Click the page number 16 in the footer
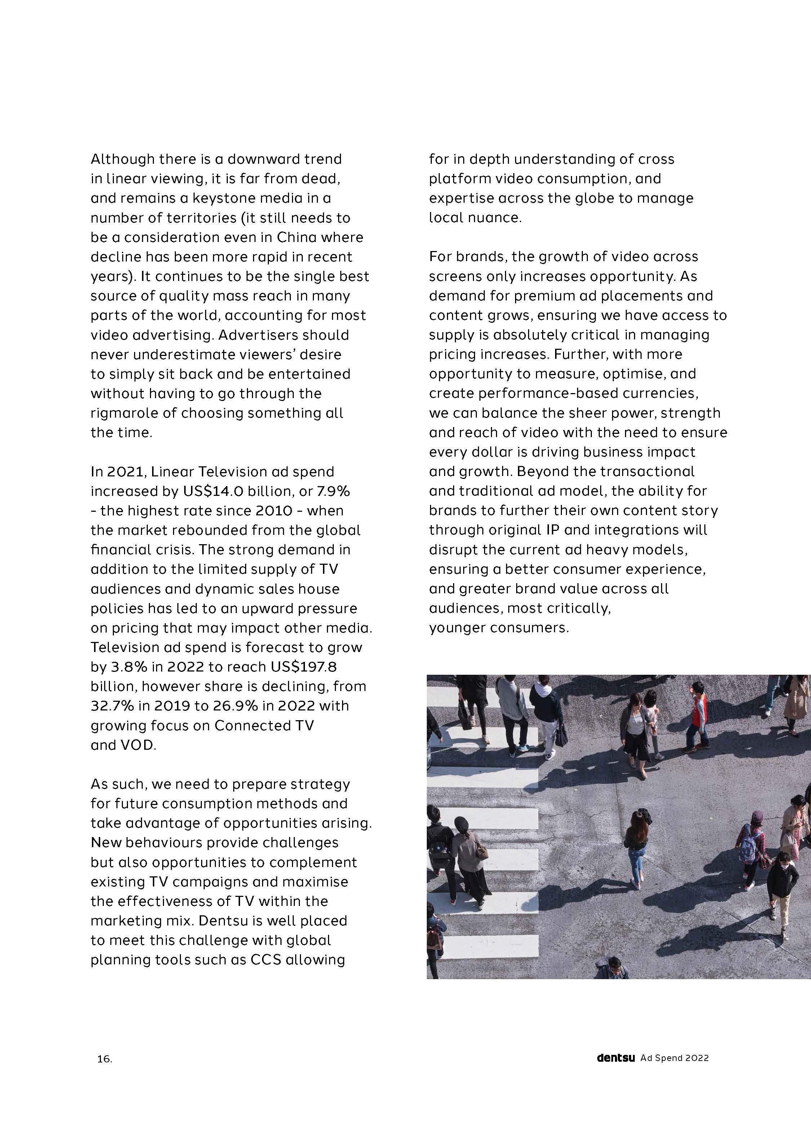104,1059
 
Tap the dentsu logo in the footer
616,1058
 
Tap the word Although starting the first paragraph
123,159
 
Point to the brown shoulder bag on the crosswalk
481,851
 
